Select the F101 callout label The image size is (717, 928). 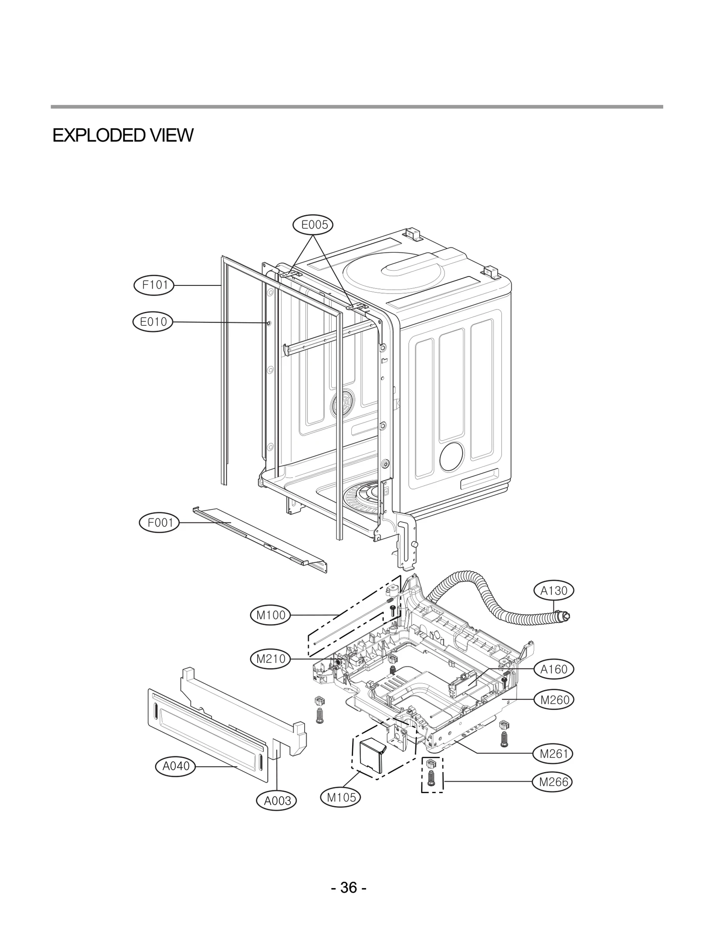[154, 285]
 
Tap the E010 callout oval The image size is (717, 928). [153, 322]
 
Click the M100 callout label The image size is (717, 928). [270, 615]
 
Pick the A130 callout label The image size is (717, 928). [554, 591]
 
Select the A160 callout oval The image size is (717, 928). [554, 682]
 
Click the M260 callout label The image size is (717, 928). [554, 712]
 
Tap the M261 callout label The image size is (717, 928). [554, 754]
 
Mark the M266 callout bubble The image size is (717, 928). [553, 782]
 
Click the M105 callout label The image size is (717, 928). [341, 797]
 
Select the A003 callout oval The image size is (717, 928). [277, 800]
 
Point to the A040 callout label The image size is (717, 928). [175, 766]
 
